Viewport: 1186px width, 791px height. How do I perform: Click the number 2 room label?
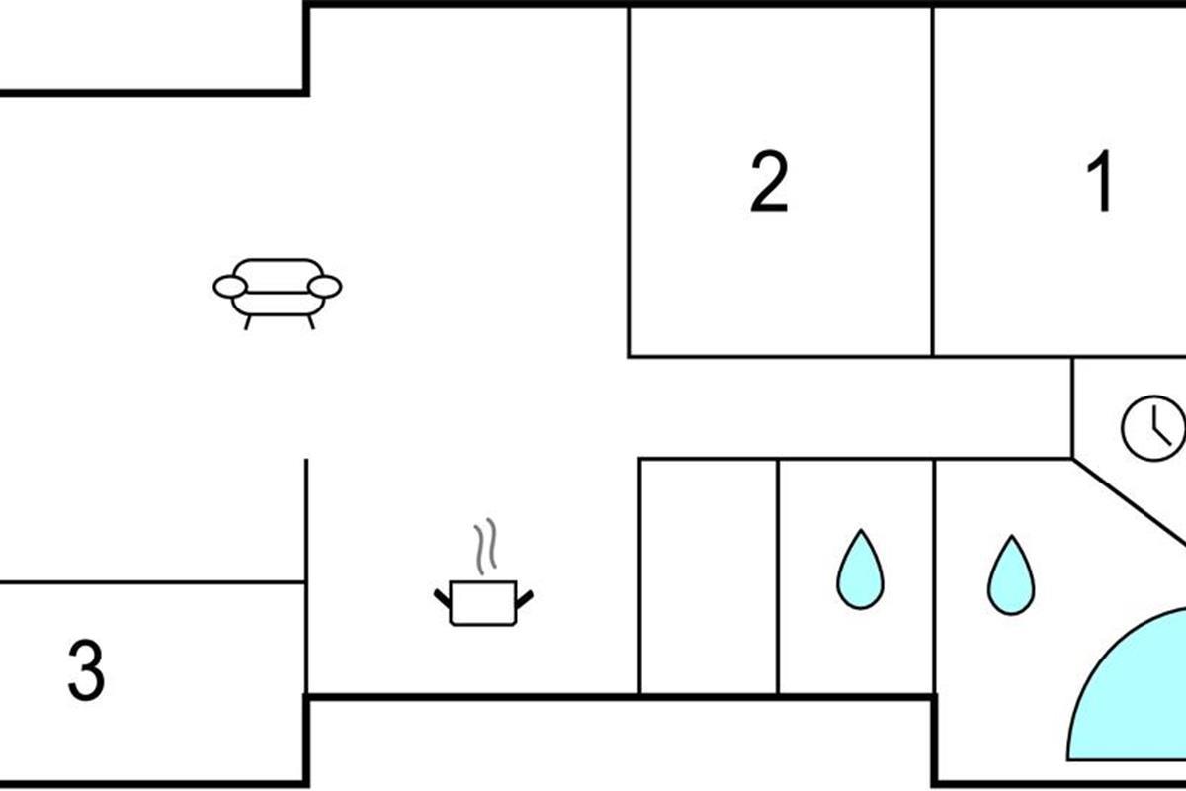point(769,182)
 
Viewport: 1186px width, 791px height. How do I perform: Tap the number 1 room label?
point(1099,182)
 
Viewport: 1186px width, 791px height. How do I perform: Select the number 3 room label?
point(86,670)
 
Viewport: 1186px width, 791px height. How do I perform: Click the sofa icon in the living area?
point(278,289)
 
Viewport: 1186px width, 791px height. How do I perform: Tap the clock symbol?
point(1153,428)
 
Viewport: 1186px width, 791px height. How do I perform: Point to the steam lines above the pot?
point(483,548)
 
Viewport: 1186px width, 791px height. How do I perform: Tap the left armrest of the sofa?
point(229,287)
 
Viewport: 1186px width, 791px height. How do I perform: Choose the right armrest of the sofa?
point(325,287)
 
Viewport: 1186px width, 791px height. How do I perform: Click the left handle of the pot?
point(442,596)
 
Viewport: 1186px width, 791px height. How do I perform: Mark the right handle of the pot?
point(525,596)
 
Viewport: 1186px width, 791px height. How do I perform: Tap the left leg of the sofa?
point(246,321)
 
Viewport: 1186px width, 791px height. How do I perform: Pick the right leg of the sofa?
point(310,321)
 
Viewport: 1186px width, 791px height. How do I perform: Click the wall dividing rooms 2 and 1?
point(933,182)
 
